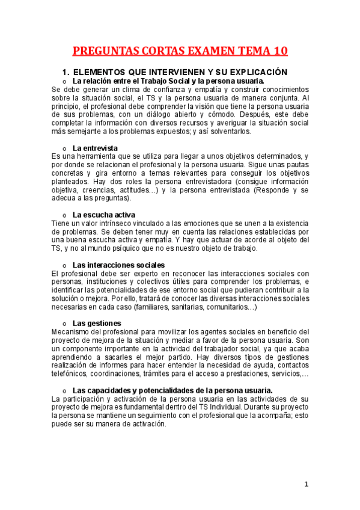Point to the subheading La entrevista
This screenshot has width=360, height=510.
(95, 148)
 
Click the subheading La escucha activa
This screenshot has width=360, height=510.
(103, 214)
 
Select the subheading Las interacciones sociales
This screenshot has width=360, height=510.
(118, 265)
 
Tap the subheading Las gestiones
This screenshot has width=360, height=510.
(97, 323)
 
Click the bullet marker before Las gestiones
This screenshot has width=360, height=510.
(64, 324)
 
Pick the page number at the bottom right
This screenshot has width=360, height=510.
(306, 484)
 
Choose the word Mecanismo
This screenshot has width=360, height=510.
(72, 332)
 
